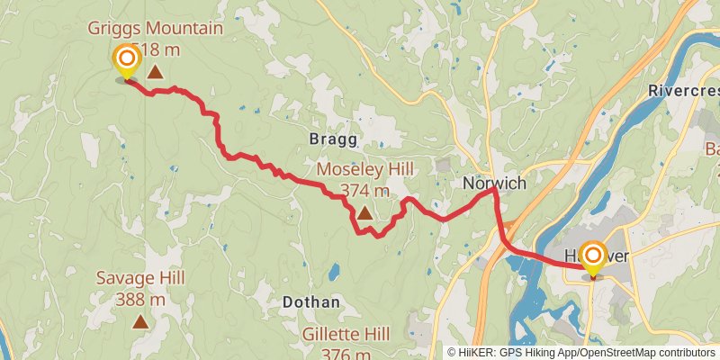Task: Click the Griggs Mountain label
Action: coord(156,28)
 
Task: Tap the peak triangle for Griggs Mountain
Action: coord(155,72)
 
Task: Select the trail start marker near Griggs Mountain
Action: coord(126,61)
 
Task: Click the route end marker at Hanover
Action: coord(593,257)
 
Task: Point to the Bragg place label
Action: coord(333,139)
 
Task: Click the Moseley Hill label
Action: coord(364,170)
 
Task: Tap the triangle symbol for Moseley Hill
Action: coord(364,213)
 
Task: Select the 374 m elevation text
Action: coord(364,190)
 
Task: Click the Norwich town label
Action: coord(493,183)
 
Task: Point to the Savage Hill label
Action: coord(140,278)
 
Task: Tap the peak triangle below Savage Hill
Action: coord(140,320)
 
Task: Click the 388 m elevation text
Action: coord(140,299)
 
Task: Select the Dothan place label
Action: coord(310,302)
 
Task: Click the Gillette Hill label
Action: coord(346,334)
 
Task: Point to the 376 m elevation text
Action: coord(346,353)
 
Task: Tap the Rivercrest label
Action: coord(683,91)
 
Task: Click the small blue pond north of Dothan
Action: coord(335,271)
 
